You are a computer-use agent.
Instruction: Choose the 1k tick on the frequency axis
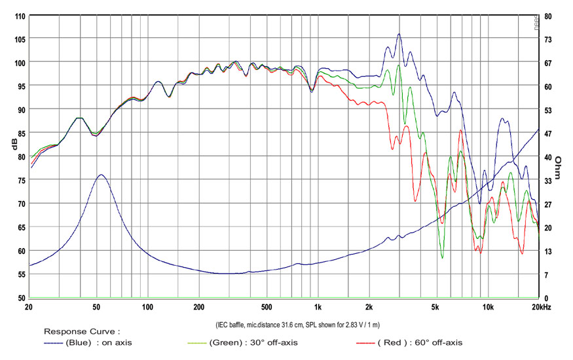pyautogui.click(x=318, y=306)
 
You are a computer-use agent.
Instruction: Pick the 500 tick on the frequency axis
pyautogui.click(x=266, y=306)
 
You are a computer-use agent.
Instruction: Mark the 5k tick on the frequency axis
pyautogui.click(x=435, y=306)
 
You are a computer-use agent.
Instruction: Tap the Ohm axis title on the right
pyautogui.click(x=559, y=168)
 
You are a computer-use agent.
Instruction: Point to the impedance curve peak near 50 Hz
pyautogui.click(x=101, y=175)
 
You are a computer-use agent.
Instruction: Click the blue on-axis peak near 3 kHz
pyautogui.click(x=399, y=34)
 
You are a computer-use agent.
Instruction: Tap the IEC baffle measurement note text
pyautogui.click(x=298, y=324)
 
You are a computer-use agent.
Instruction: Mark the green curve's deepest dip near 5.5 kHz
pyautogui.click(x=442, y=258)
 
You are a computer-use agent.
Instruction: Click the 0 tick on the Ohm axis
pyautogui.click(x=545, y=298)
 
